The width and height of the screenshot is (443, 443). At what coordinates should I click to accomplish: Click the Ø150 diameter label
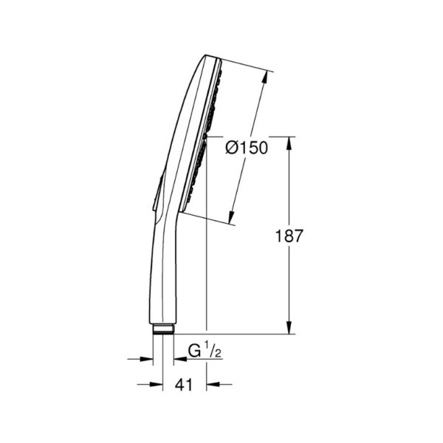[x=247, y=148]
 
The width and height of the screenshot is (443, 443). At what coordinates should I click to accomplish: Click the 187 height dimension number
[x=289, y=236]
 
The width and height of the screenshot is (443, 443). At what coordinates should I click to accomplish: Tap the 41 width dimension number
[x=184, y=385]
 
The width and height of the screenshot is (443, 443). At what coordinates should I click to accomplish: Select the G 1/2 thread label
[x=205, y=350]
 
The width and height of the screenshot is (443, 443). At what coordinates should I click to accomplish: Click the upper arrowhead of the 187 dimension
[x=289, y=143]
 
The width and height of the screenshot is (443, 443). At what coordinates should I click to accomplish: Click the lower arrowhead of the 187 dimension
[x=289, y=327]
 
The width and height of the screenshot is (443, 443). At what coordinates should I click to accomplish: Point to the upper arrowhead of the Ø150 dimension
[x=265, y=77]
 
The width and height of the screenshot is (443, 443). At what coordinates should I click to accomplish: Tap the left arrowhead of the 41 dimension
[x=157, y=384]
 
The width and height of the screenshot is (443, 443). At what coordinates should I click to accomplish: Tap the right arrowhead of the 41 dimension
[x=213, y=384]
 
